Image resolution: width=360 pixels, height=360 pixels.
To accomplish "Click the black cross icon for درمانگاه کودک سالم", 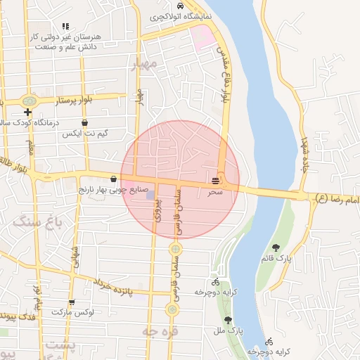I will click(27, 112).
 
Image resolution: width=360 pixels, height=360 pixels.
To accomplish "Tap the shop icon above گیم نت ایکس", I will click(84, 122).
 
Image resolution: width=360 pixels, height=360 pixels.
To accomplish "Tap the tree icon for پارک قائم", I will click(276, 247).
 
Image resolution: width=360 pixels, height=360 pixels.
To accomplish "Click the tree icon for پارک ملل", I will click(227, 320).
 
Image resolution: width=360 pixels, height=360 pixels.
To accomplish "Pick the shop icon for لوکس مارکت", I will click(71, 302).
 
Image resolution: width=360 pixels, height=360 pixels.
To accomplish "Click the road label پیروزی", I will click(159, 208).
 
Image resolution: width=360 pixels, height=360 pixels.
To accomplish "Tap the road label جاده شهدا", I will click(304, 151).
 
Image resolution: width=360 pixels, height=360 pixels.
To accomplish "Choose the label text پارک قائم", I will click(278, 259).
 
